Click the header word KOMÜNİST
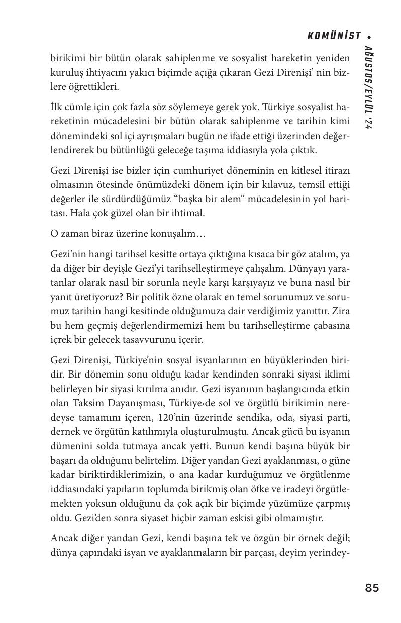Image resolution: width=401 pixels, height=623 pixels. pyautogui.click(x=334, y=36)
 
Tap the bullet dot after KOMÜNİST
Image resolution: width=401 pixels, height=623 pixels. pyautogui.click(x=369, y=37)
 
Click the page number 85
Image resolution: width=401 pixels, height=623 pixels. pyautogui.click(x=372, y=588)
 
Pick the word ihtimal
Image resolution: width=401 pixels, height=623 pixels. pyautogui.click(x=186, y=214)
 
